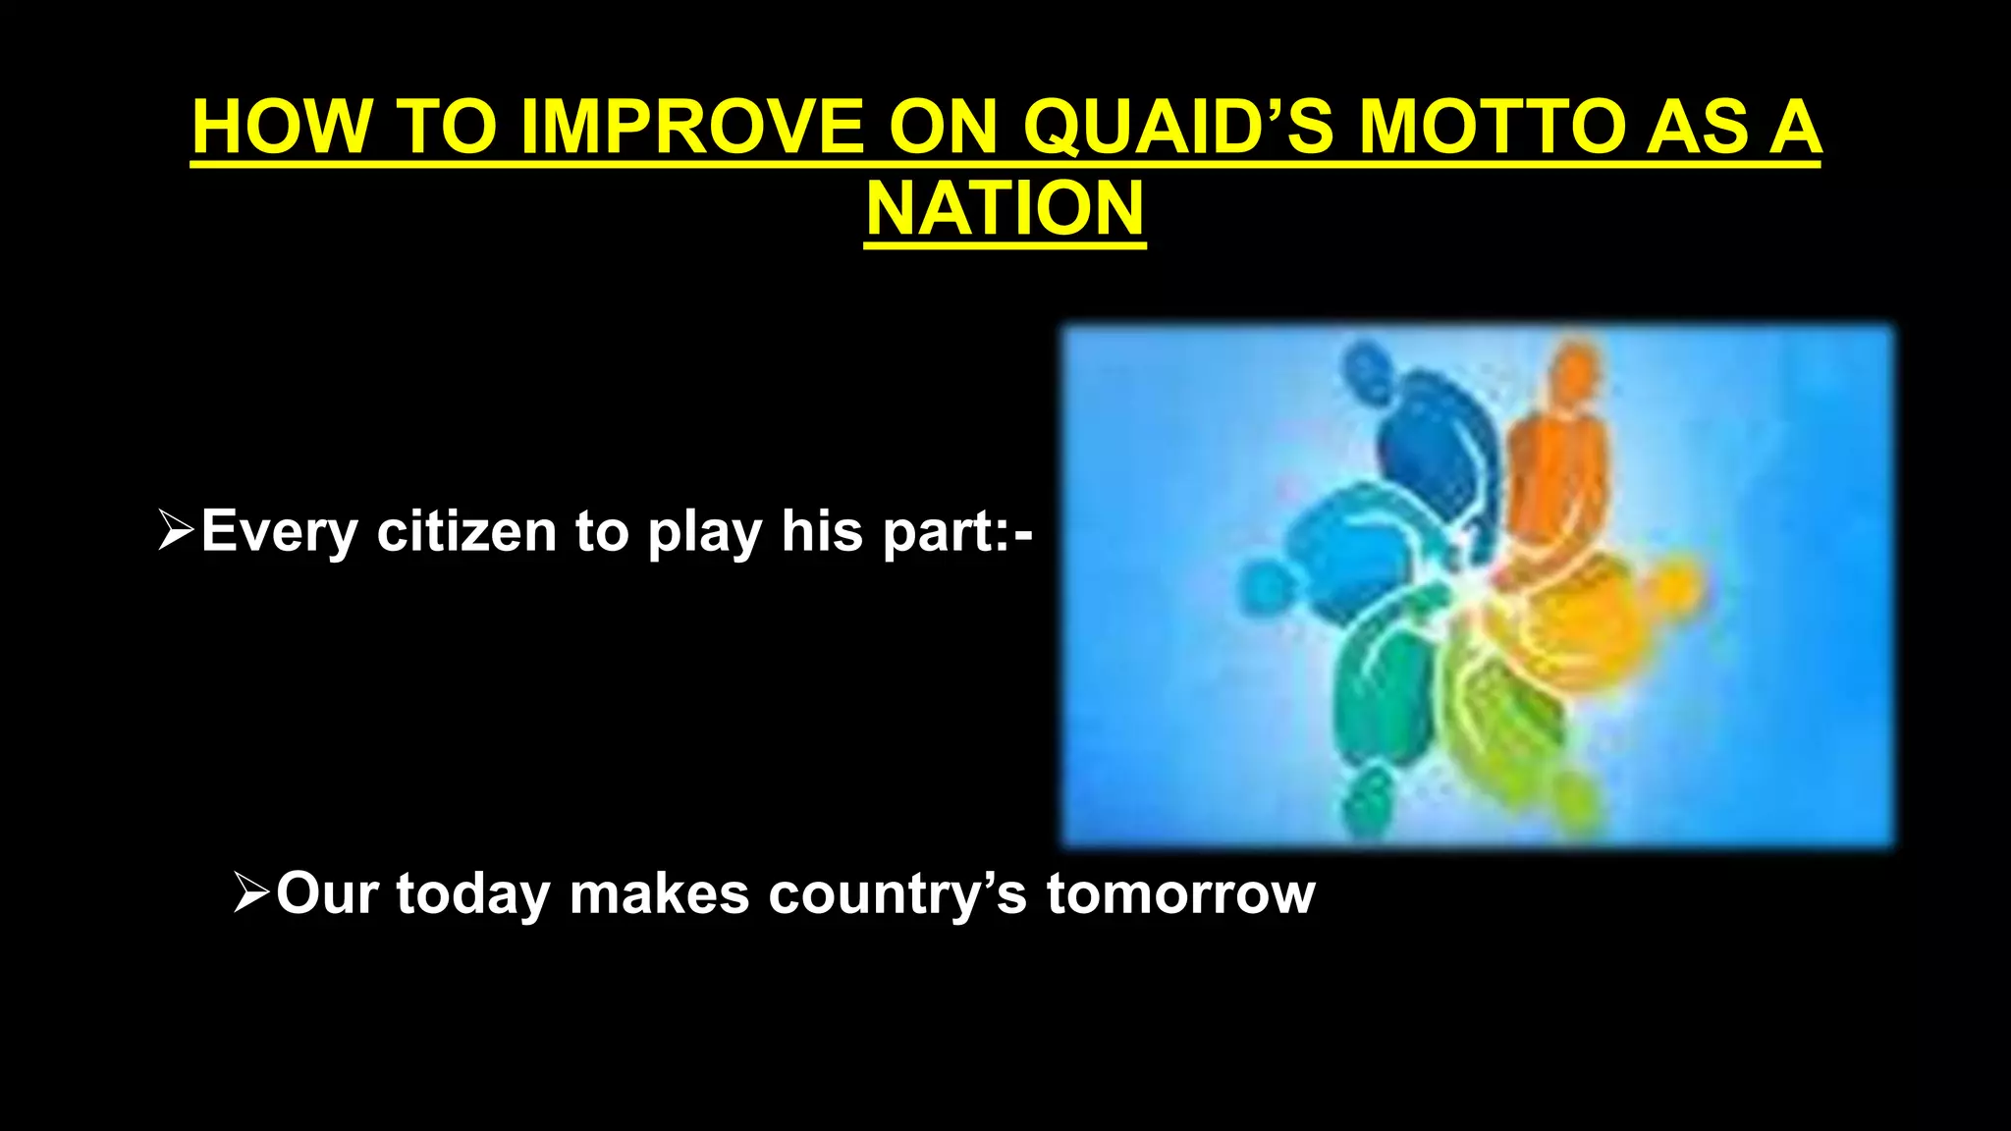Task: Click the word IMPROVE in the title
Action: click(x=691, y=128)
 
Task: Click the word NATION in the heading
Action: click(x=1005, y=210)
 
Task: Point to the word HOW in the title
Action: click(x=282, y=128)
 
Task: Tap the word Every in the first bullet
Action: click(x=279, y=531)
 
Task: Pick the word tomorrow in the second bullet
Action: click(x=1180, y=893)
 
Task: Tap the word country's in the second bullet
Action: click(x=897, y=893)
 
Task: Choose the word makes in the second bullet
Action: click(x=659, y=893)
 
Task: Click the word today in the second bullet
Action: click(x=473, y=893)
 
